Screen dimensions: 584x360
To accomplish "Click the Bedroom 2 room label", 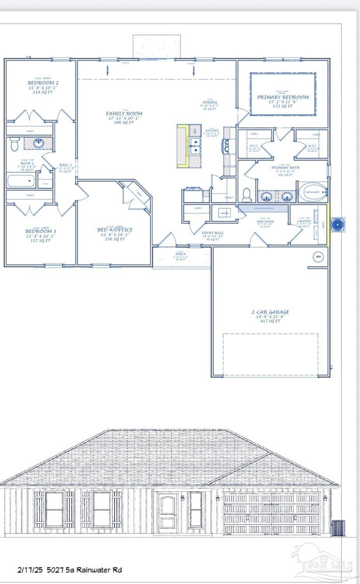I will [43, 83].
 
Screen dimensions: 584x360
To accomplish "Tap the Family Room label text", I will [124, 114].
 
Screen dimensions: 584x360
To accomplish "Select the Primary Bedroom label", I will [283, 97].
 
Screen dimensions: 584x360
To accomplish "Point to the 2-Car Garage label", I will [270, 312].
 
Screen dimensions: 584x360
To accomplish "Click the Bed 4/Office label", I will [115, 230].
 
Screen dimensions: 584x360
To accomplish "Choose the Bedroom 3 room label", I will [41, 232].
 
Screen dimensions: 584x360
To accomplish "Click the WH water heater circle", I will [318, 256].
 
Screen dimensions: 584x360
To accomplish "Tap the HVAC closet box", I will [224, 213].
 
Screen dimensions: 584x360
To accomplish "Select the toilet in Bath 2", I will [14, 144].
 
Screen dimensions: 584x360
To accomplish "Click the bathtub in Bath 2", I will [21, 181].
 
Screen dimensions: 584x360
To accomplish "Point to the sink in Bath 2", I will [38, 143].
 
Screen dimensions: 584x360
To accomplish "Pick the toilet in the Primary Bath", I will [246, 194].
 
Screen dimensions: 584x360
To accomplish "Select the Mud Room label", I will [265, 221].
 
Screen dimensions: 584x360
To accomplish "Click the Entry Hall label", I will [213, 233].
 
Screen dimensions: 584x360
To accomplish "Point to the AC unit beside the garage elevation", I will [338, 527].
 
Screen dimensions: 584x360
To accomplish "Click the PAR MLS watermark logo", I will [323, 563].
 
